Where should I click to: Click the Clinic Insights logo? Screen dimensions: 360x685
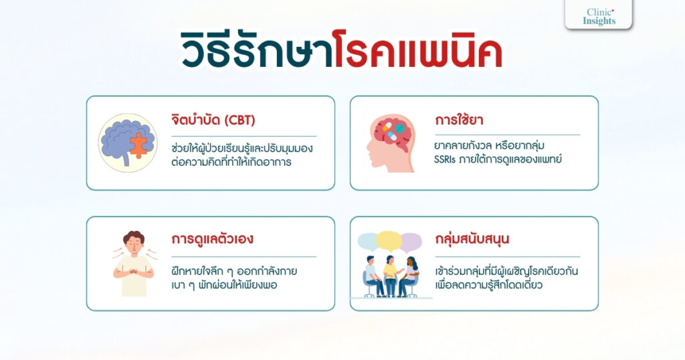[598, 15]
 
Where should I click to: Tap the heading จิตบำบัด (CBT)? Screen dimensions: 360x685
[213, 121]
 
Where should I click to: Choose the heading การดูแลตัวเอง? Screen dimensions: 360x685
[212, 239]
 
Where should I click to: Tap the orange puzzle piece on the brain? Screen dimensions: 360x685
[138, 145]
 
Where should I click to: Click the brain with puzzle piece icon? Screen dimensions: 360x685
[127, 143]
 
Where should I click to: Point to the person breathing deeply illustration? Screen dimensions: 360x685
[134, 263]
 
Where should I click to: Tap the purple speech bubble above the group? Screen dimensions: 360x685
[410, 241]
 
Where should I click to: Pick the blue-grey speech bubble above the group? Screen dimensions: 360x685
[369, 241]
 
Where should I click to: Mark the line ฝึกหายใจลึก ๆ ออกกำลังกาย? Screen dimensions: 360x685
[234, 272]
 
